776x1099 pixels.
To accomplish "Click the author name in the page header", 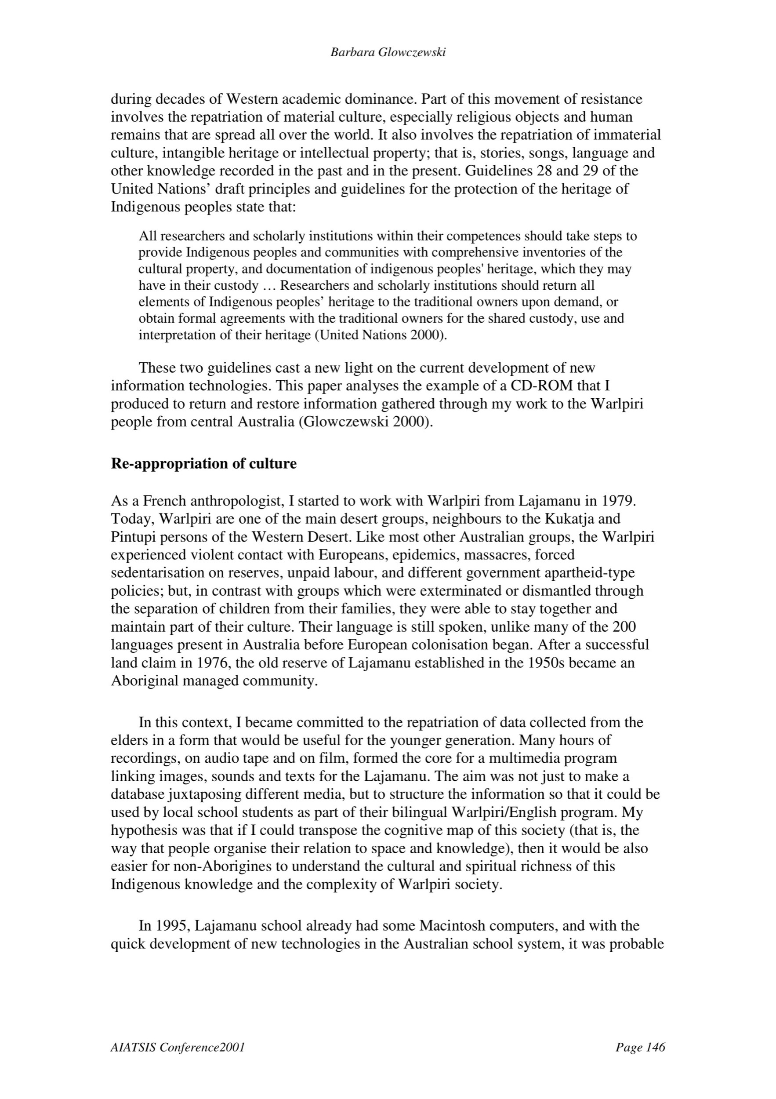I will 388,53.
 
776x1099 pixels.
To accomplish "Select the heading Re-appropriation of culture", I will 204,464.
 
